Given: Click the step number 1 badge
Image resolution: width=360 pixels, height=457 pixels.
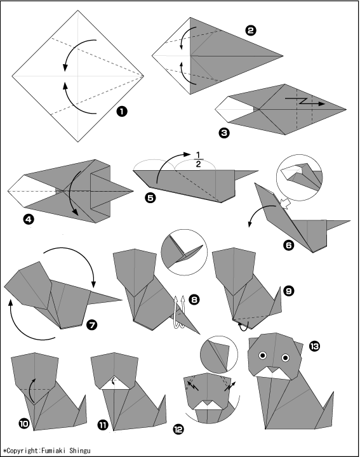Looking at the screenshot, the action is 121,111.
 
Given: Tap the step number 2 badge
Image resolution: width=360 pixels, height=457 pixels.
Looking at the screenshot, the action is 250,30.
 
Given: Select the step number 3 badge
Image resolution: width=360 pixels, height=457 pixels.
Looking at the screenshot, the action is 224,133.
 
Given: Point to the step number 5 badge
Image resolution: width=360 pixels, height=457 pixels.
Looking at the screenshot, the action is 150,198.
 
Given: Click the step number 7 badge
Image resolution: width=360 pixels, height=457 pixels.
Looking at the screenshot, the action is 92,324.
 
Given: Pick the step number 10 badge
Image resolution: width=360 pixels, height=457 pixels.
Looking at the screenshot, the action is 24,423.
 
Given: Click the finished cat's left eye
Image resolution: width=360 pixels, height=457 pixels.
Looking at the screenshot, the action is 263,355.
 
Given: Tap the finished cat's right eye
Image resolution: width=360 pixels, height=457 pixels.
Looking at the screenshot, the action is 285,357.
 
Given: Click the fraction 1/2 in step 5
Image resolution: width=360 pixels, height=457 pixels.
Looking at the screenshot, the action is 198,159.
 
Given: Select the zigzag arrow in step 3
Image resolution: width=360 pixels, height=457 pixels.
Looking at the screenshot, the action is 305,102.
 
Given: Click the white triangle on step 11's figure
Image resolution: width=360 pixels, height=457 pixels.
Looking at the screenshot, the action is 116,383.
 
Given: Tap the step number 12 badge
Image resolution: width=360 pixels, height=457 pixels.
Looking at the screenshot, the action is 178,428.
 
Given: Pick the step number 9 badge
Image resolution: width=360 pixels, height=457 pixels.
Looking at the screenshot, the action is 288,291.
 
